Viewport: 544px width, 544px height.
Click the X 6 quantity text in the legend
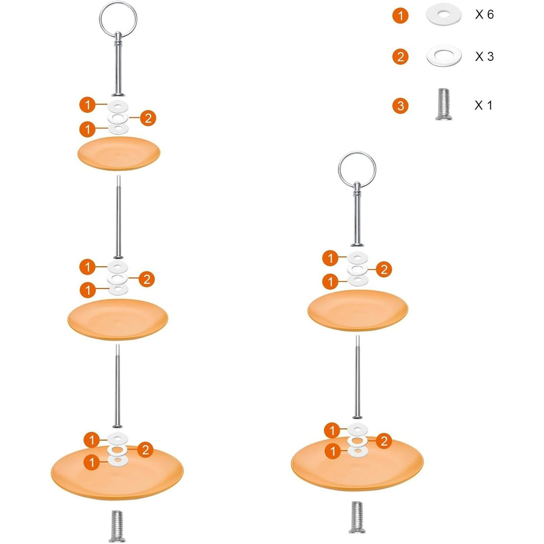point(484,14)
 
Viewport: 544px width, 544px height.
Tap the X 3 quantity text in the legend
point(484,56)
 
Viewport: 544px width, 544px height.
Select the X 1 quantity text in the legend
point(483,106)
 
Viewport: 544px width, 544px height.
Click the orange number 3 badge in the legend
point(401,106)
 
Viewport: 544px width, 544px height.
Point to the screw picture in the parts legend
point(444,104)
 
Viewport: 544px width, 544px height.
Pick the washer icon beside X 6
point(444,14)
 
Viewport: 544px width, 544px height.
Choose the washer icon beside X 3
point(444,55)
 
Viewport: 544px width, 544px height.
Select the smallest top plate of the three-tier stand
point(118,154)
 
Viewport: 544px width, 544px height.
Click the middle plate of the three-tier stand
point(118,319)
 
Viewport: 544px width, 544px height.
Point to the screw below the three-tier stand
point(117,526)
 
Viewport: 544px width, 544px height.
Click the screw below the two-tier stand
point(357,517)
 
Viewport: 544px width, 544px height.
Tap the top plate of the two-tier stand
point(358,310)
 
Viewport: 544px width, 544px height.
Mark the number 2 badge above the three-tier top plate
point(148,118)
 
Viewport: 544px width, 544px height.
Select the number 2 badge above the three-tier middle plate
point(147,279)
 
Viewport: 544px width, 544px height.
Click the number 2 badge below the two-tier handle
point(384,269)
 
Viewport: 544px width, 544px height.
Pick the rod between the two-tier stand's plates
point(358,377)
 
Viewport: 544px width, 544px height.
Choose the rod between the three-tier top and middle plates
point(118,217)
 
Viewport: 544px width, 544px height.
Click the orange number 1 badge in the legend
point(401,15)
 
